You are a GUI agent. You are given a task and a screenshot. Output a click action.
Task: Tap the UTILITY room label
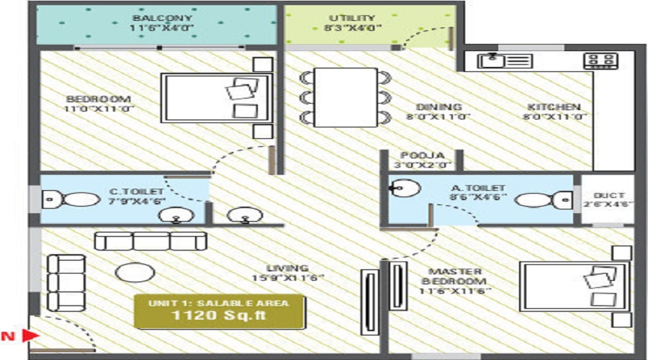352,17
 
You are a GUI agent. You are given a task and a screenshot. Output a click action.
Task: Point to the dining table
346,97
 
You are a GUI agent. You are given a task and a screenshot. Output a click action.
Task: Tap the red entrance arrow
30,335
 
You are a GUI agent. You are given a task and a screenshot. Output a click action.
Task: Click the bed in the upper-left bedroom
216,97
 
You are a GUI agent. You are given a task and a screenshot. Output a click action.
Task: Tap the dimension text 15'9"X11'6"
288,278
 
